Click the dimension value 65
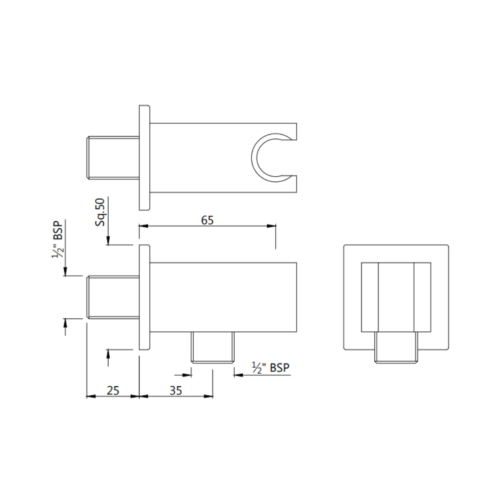[x=207, y=220]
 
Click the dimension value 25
[x=113, y=390]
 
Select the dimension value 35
[x=175, y=390]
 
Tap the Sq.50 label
[x=100, y=212]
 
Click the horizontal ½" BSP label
[x=271, y=368]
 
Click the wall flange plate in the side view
[x=145, y=297]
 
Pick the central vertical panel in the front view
[x=396, y=297]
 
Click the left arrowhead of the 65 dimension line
[x=143, y=226]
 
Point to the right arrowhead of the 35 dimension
[x=209, y=396]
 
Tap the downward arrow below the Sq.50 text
[x=108, y=241]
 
